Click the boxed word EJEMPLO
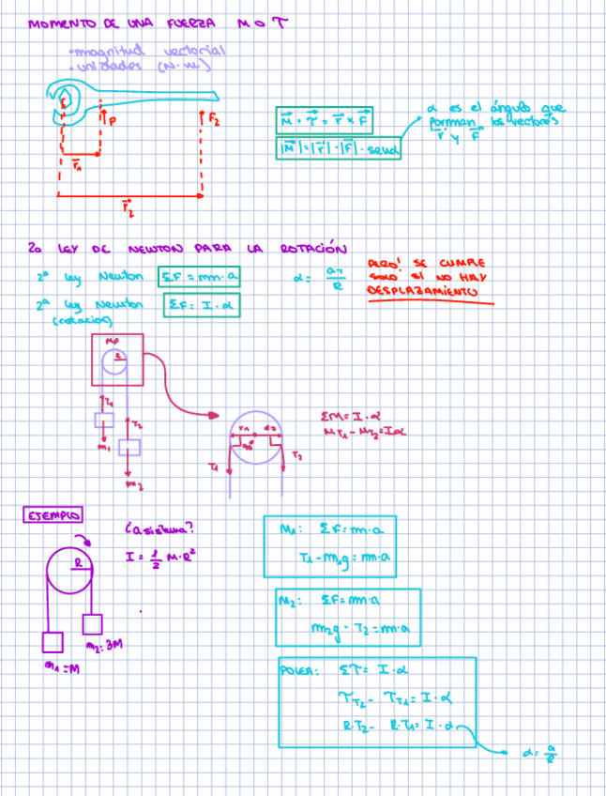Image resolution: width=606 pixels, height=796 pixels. coord(53,515)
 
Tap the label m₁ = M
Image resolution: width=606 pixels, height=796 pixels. coord(61,668)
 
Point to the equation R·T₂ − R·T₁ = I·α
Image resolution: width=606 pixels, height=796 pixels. coord(394,725)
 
